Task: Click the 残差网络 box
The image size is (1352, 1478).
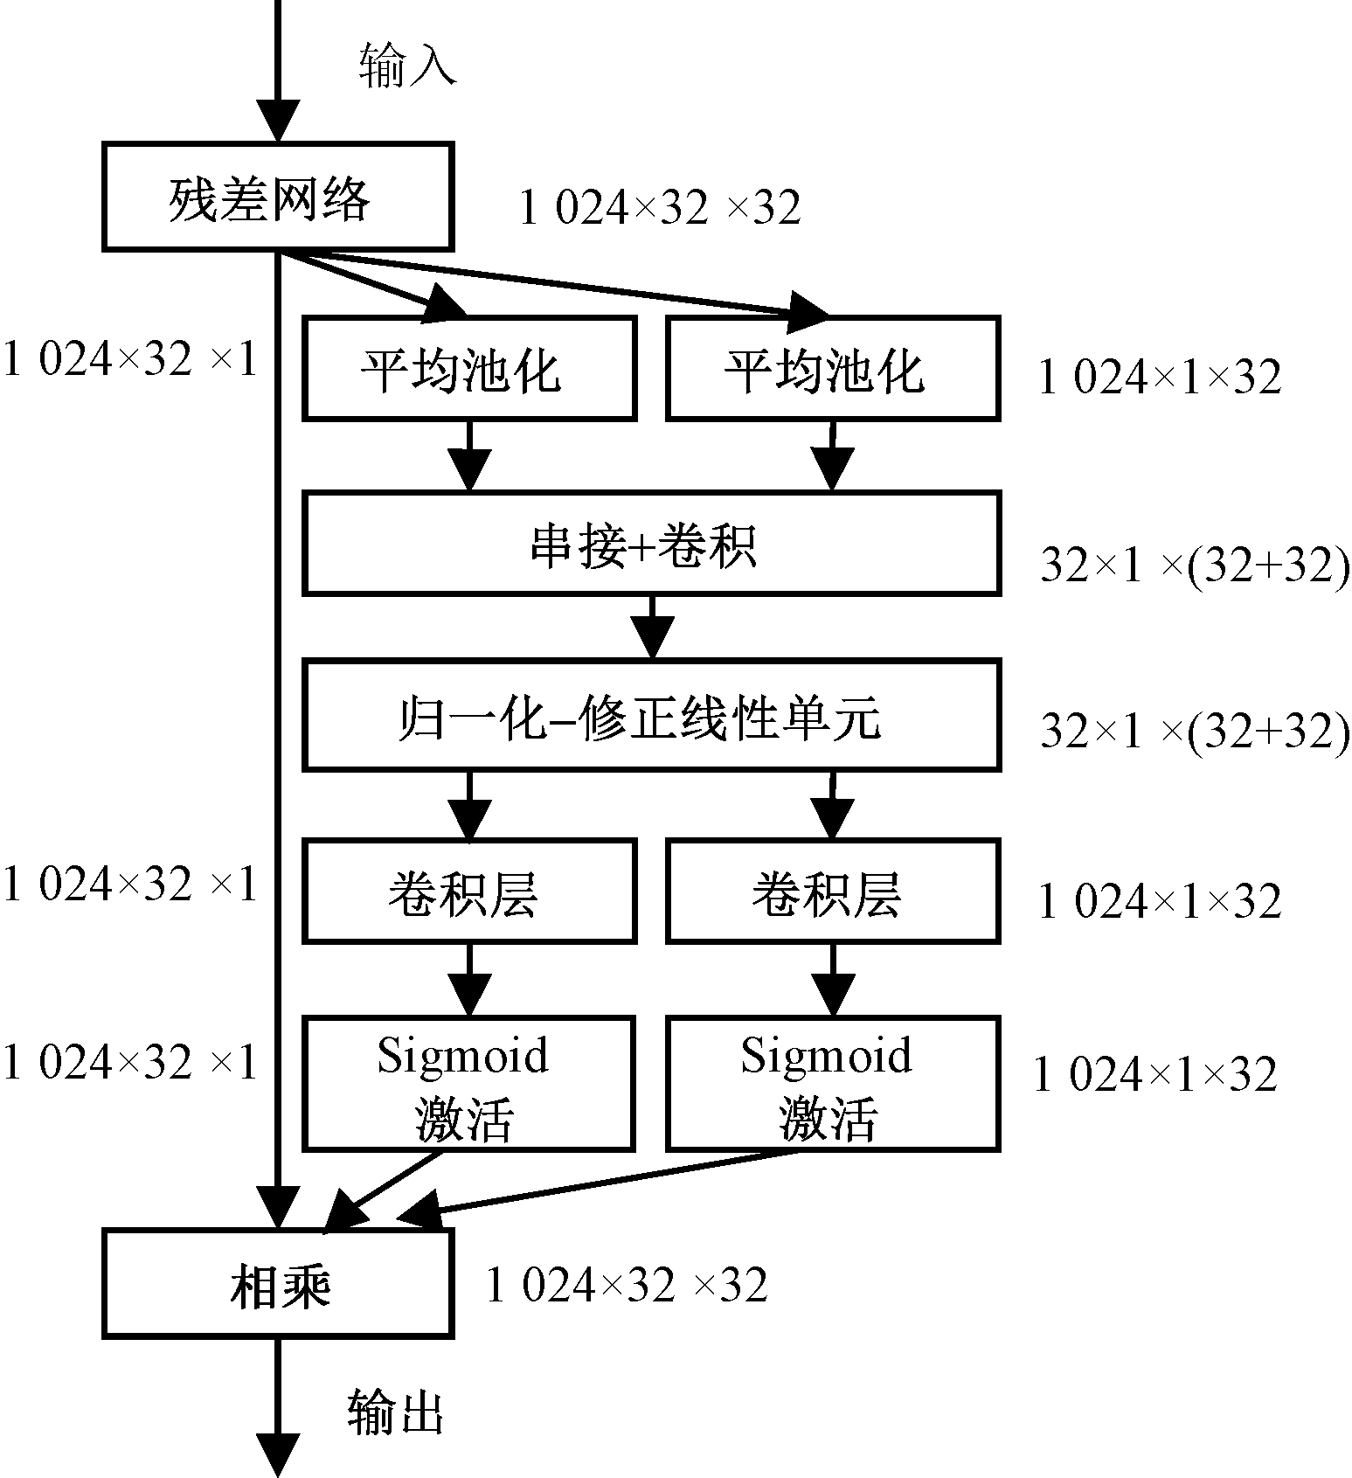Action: (x=277, y=198)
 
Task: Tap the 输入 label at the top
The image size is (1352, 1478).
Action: (x=407, y=66)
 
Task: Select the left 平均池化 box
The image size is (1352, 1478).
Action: (x=468, y=369)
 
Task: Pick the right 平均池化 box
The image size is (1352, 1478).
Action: (x=832, y=369)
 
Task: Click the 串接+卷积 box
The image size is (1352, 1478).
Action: (x=651, y=544)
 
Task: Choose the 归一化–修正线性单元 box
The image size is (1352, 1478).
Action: (x=651, y=716)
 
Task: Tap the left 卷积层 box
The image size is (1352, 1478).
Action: (x=468, y=892)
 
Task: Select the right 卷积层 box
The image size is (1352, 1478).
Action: (x=832, y=892)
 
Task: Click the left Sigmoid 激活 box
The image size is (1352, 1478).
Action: (x=468, y=1084)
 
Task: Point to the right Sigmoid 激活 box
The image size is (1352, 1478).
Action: (x=832, y=1084)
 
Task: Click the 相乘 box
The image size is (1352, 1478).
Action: (x=277, y=1283)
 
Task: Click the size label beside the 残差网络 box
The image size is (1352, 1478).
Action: (x=660, y=208)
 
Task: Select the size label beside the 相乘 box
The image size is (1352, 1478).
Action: (x=627, y=1285)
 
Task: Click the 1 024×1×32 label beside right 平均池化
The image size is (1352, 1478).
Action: (x=1160, y=378)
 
